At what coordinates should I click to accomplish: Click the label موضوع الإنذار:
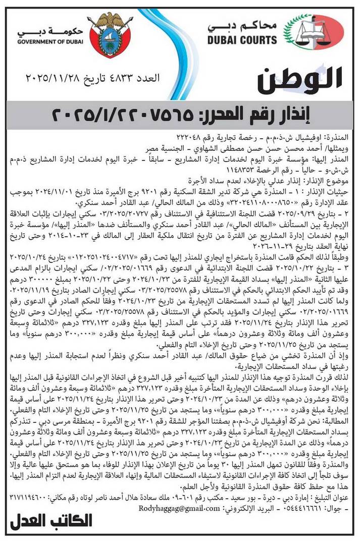tap(328, 178)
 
